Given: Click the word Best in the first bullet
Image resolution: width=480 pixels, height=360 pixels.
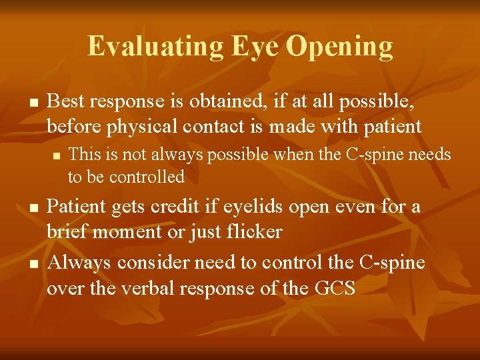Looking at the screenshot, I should [x=67, y=101].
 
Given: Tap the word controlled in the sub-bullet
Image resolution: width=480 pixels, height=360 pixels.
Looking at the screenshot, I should [x=147, y=177].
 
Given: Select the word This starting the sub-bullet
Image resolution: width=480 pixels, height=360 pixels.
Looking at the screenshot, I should [x=83, y=155].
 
